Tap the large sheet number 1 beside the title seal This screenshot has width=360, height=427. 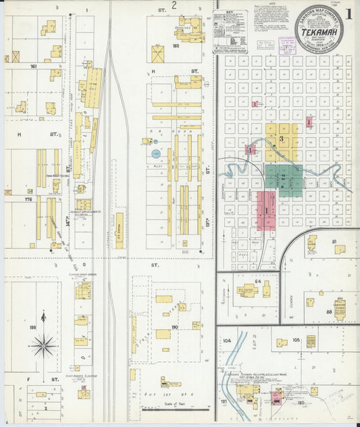349,14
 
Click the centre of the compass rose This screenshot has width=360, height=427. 45,345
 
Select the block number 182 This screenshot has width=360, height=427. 176,46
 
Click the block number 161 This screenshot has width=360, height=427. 33,67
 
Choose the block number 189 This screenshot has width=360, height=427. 33,327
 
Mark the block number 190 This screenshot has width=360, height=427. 175,327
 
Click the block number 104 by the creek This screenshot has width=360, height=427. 227,341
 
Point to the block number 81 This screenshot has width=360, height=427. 334,241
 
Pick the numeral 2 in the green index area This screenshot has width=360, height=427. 284,177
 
